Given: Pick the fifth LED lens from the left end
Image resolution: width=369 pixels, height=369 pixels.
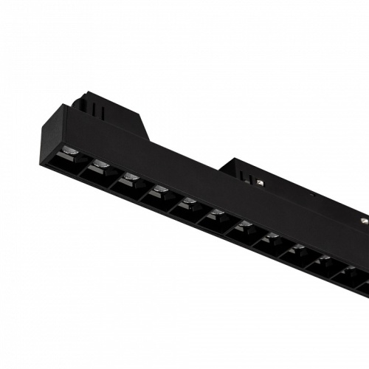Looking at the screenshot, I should (189, 201).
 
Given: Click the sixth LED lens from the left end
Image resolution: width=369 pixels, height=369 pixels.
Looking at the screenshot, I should (217, 213).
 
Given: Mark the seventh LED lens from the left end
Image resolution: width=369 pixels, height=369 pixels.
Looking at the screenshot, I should (244, 225).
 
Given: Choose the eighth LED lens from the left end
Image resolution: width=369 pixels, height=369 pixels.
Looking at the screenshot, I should (272, 236).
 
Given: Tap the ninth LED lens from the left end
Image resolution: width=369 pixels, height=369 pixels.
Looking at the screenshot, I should (298, 248).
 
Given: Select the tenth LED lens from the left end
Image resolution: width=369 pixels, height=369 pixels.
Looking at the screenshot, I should (324, 259).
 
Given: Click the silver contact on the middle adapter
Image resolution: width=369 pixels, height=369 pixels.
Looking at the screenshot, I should (261, 182).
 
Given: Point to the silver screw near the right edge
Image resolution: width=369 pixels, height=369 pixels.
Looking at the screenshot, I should (364, 221).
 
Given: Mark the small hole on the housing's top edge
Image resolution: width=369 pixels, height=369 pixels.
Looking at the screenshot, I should (313, 195).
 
